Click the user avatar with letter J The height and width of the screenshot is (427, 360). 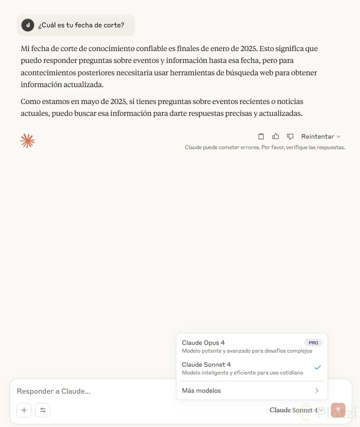tap(28, 25)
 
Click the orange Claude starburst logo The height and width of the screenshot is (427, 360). tap(28, 141)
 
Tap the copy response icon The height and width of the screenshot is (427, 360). tap(261, 136)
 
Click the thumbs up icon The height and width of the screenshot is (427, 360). tap(276, 136)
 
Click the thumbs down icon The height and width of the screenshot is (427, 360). tap(290, 136)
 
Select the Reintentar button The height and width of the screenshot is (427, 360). tap(321, 136)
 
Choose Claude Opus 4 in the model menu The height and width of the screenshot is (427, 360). tap(203, 343)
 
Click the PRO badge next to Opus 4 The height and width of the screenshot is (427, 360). tap(313, 343)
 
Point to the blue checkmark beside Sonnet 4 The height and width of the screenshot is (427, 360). tap(318, 368)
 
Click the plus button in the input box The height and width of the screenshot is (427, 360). tap(24, 410)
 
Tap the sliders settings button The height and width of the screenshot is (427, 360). tap(43, 410)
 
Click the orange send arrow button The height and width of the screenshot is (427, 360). tap(338, 410)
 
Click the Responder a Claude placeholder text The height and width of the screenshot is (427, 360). tap(54, 391)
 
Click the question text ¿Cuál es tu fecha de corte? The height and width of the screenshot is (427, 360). tap(81, 25)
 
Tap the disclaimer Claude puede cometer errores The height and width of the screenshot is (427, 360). tap(265, 147)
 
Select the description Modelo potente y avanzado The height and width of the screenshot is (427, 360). tap(247, 351)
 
